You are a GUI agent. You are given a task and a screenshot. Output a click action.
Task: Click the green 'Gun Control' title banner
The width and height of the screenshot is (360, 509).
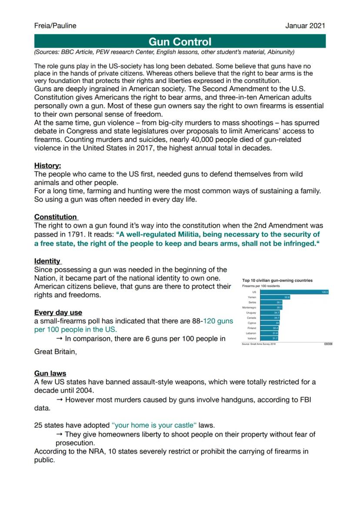click(180, 42)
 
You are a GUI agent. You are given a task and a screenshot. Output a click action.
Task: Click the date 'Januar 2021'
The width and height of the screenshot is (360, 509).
click(305, 26)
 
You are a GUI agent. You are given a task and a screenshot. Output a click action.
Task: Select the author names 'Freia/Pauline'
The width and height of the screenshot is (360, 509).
click(55, 26)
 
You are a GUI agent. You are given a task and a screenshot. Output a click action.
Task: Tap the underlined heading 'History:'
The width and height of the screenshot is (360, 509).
click(48, 166)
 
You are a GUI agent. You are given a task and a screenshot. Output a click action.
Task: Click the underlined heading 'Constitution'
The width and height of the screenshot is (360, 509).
click(56, 217)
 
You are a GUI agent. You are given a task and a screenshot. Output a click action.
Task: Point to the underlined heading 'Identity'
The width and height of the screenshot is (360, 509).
click(47, 261)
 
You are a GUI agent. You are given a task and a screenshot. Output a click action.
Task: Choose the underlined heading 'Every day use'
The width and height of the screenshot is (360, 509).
click(58, 313)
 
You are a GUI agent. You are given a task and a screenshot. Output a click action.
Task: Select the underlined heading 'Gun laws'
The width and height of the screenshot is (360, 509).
click(50, 373)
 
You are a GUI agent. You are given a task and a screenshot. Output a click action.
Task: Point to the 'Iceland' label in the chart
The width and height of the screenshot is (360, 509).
click(252, 338)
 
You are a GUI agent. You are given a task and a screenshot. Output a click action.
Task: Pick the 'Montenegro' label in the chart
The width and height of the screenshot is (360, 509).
click(249, 307)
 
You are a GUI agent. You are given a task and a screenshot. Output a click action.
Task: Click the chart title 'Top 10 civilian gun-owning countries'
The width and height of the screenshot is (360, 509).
click(277, 280)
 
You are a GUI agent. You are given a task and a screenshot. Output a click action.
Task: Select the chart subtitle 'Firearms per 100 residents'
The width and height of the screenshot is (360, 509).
click(261, 286)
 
